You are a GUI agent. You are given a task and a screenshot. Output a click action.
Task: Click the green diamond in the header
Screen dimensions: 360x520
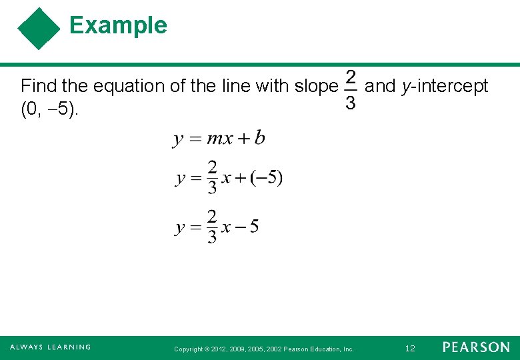pyautogui.click(x=39, y=29)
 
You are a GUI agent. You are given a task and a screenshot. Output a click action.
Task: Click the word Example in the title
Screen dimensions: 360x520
pyautogui.click(x=118, y=25)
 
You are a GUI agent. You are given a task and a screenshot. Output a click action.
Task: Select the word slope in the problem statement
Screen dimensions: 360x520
pyautogui.click(x=317, y=86)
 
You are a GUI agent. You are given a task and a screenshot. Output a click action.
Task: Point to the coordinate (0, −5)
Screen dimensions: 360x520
pyautogui.click(x=49, y=109)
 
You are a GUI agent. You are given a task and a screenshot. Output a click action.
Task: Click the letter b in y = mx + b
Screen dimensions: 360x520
pyautogui.click(x=259, y=138)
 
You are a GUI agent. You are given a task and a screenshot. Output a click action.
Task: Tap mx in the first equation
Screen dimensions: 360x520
pyautogui.click(x=220, y=139)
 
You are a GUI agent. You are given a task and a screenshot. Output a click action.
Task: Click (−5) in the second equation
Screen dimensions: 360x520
pyautogui.click(x=266, y=178)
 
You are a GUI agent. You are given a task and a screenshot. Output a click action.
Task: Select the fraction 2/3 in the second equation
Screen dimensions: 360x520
pyautogui.click(x=211, y=177)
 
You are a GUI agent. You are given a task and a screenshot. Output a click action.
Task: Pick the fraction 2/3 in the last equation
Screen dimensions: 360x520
pyautogui.click(x=211, y=227)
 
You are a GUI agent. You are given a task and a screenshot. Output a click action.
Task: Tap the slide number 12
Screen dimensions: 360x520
pyautogui.click(x=410, y=348)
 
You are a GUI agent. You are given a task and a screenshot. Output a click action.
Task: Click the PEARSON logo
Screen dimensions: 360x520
pyautogui.click(x=476, y=347)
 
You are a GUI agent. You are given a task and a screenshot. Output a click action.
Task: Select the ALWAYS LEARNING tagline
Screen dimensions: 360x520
pyautogui.click(x=50, y=347)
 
